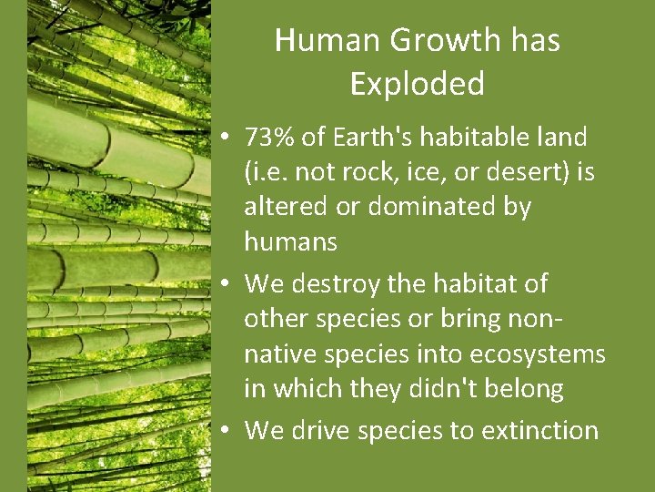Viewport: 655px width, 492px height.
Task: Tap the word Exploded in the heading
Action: point(417,84)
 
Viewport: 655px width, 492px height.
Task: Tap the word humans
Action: point(290,241)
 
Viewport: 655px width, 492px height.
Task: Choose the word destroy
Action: point(341,283)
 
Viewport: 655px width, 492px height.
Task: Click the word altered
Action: point(285,207)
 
